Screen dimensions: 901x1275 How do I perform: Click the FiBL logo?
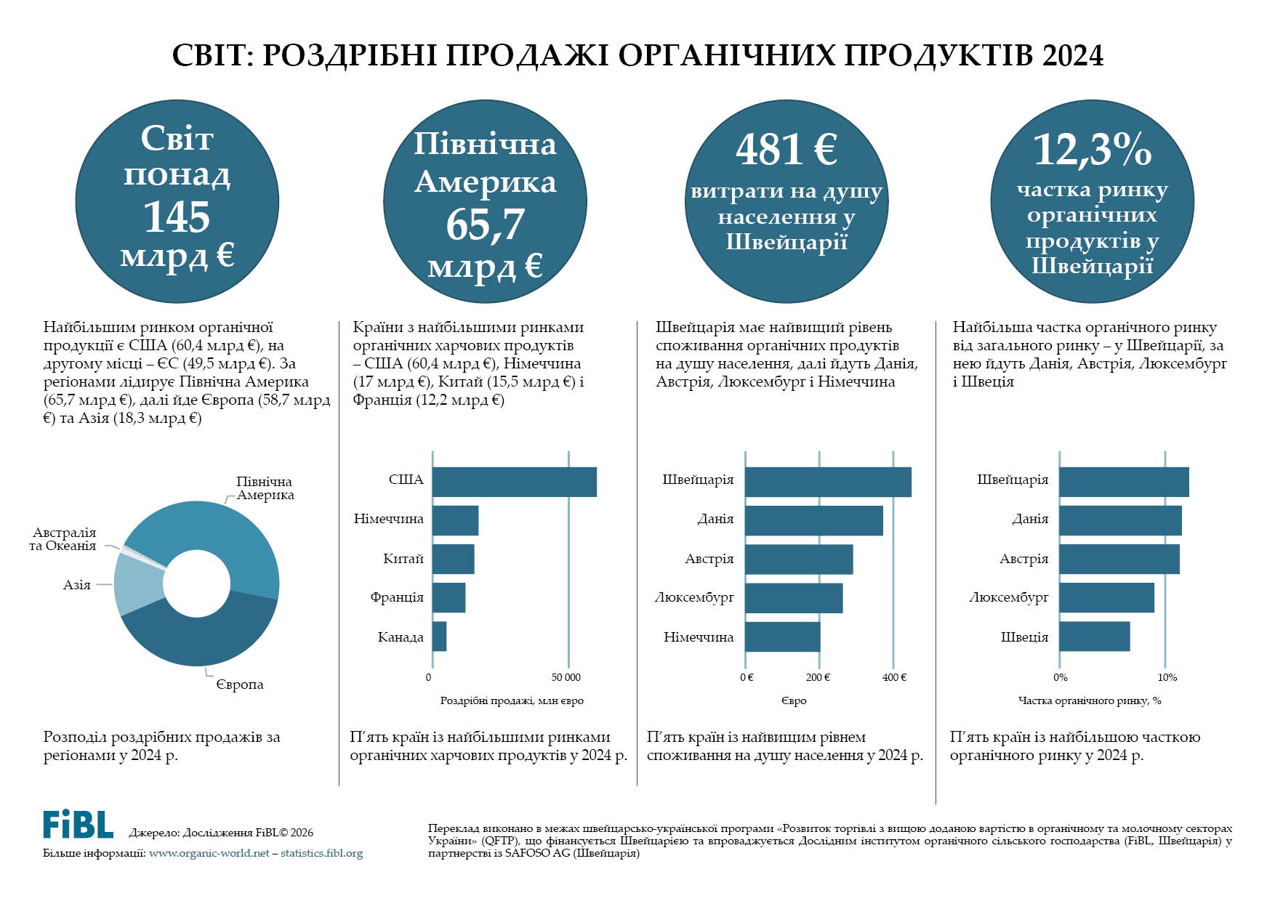[x=78, y=825]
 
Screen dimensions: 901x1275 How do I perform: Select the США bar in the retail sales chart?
[x=514, y=482]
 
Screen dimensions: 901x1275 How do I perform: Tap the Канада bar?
[x=439, y=637]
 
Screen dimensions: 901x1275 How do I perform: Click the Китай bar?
[x=453, y=559]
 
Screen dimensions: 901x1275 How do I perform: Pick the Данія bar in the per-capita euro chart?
[x=813, y=520]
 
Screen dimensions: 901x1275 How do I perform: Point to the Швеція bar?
[x=1094, y=637]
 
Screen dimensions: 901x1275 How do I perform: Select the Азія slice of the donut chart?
[x=137, y=584]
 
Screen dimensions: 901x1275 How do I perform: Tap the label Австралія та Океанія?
[x=63, y=539]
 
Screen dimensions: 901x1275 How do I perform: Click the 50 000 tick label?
[x=566, y=678]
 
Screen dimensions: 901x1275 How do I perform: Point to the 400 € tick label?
[x=894, y=678]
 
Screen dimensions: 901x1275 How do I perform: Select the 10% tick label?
[x=1167, y=678]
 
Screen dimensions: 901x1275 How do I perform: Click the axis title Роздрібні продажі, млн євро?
[x=512, y=701]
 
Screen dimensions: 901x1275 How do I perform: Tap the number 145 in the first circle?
[x=177, y=217]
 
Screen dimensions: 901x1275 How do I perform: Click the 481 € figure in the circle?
[x=787, y=149]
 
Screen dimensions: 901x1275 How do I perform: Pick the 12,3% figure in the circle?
[x=1092, y=149]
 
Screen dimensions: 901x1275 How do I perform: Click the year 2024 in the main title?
[x=1072, y=56]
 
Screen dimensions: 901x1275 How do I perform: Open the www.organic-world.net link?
[x=209, y=853]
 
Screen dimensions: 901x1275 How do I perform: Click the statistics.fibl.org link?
[x=321, y=853]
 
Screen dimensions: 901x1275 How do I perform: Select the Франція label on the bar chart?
[x=396, y=597]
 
